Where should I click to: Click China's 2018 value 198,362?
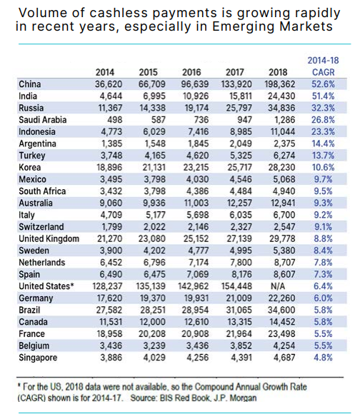click(x=280, y=84)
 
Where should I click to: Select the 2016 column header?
click(x=191, y=72)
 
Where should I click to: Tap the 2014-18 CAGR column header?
click(x=323, y=66)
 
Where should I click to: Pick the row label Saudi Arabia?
click(x=43, y=120)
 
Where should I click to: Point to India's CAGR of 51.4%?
click(x=323, y=96)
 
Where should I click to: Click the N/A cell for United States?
click(x=278, y=286)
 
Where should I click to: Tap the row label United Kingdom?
click(x=49, y=238)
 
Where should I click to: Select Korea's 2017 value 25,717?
click(x=240, y=167)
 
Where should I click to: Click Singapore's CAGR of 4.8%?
click(x=323, y=358)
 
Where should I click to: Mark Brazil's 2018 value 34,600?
click(x=281, y=310)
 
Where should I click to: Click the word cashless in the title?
click(x=119, y=13)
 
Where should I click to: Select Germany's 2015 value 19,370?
click(x=152, y=298)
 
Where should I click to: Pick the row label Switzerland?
click(x=41, y=227)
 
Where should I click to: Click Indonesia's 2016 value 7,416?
click(x=198, y=132)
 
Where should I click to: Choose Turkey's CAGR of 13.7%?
click(x=323, y=156)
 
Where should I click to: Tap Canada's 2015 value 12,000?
click(x=153, y=322)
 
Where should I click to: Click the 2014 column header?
click(x=105, y=72)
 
